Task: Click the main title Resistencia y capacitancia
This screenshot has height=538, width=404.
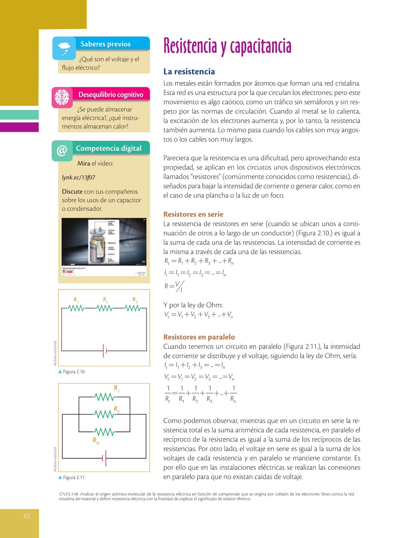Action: (227, 46)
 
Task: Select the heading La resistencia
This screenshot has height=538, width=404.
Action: (189, 72)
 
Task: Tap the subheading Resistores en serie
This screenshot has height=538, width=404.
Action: (193, 214)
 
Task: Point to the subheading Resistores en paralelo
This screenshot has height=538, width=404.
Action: (199, 337)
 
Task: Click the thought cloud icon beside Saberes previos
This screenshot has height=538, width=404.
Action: (64, 48)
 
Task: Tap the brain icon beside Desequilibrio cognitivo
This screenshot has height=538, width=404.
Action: (62, 97)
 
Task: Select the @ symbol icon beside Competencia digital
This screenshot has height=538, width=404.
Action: (62, 151)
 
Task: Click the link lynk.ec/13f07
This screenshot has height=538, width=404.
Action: (78, 178)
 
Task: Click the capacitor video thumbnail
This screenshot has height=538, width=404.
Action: (104, 247)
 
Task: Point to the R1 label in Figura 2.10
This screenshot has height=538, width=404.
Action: (76, 300)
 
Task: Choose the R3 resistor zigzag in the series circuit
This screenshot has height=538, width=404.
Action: (132, 308)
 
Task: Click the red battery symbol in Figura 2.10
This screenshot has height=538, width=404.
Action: (104, 351)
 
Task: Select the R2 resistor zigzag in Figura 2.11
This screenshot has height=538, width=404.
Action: (104, 414)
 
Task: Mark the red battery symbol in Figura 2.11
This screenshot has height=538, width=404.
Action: (104, 458)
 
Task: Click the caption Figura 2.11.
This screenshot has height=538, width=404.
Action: (74, 478)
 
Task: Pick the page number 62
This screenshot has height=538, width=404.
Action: (27, 516)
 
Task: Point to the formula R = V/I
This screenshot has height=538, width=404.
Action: (174, 286)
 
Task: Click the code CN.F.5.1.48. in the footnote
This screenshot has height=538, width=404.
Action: (69, 494)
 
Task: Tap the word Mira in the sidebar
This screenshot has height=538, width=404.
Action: (84, 163)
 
